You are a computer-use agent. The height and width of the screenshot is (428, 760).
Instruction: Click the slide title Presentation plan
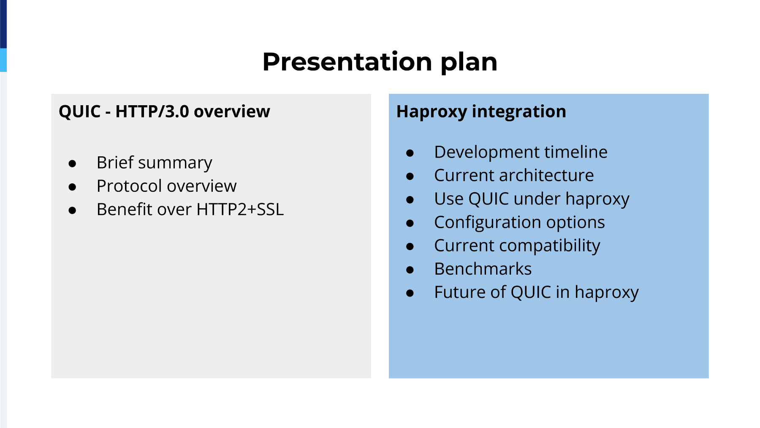pyautogui.click(x=380, y=62)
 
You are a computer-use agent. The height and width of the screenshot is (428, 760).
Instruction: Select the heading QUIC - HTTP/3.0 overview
pyautogui.click(x=164, y=112)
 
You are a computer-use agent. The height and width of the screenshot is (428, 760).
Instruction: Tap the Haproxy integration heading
pyautogui.click(x=481, y=112)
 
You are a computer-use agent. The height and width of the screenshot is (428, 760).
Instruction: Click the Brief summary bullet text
pyautogui.click(x=154, y=163)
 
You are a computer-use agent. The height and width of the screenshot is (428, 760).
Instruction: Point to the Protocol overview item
pyautogui.click(x=166, y=186)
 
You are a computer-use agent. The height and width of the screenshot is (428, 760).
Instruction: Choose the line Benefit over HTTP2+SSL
pyautogui.click(x=190, y=209)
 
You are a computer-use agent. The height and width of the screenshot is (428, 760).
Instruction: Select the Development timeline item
pyautogui.click(x=521, y=152)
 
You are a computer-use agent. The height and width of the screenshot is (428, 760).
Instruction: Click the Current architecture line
pyautogui.click(x=514, y=175)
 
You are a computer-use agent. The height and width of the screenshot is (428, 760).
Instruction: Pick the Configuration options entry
pyautogui.click(x=519, y=223)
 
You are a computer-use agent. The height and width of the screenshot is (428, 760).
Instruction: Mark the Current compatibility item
pyautogui.click(x=517, y=246)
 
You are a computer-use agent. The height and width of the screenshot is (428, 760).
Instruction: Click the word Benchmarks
pyautogui.click(x=483, y=269)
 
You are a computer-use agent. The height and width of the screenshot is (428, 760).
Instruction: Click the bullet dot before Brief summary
pyautogui.click(x=72, y=164)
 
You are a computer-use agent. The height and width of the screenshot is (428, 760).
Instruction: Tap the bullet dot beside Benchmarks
pyautogui.click(x=410, y=270)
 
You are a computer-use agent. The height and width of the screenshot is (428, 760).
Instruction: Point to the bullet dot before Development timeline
pyautogui.click(x=410, y=153)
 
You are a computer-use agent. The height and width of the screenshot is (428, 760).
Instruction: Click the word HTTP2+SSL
pyautogui.click(x=240, y=209)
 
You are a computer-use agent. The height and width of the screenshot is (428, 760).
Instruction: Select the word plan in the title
pyautogui.click(x=469, y=63)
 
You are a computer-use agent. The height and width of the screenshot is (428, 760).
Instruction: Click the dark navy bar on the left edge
pyautogui.click(x=3, y=24)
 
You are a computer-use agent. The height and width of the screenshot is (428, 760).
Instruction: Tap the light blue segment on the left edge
pyautogui.click(x=3, y=60)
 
